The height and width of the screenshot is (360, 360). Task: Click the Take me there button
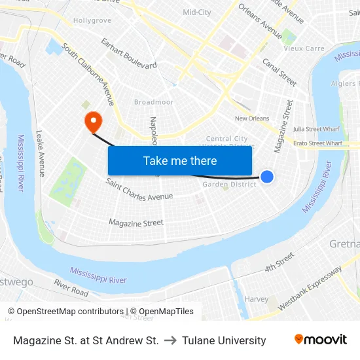pyautogui.click(x=180, y=160)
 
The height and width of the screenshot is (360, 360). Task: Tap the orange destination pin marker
pyautogui.click(x=93, y=120)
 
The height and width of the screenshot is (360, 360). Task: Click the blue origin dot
pyautogui.click(x=267, y=176)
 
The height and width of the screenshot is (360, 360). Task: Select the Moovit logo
pyautogui.click(x=321, y=340)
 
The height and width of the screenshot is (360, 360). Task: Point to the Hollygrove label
pyautogui.click(x=92, y=21)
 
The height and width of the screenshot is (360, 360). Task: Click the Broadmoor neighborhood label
pyautogui.click(x=154, y=102)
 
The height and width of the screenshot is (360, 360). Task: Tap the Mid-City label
pyautogui.click(x=197, y=12)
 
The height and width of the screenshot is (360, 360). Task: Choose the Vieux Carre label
pyautogui.click(x=304, y=48)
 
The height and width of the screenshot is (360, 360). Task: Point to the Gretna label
pyautogui.click(x=344, y=244)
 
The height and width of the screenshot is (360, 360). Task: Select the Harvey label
pyautogui.click(x=256, y=299)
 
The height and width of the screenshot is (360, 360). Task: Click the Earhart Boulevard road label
pyautogui.click(x=129, y=54)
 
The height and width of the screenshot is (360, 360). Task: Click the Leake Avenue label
pyautogui.click(x=41, y=153)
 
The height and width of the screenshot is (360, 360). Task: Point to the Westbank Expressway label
pyautogui.click(x=310, y=288)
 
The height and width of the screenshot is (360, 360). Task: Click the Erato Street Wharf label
pyautogui.click(x=317, y=143)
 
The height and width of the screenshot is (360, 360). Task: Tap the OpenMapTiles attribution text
pyautogui.click(x=162, y=312)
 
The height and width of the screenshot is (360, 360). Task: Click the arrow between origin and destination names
pyautogui.click(x=170, y=340)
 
